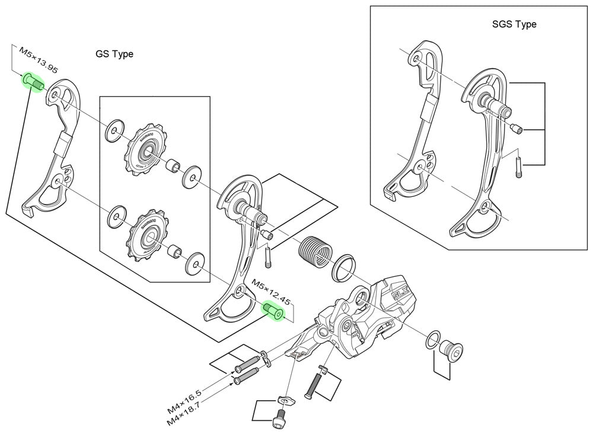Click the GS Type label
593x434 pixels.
(x=114, y=54)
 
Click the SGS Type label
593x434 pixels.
(x=514, y=24)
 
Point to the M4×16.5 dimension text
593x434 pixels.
(x=185, y=400)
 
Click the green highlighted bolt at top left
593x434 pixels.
(x=33, y=82)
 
